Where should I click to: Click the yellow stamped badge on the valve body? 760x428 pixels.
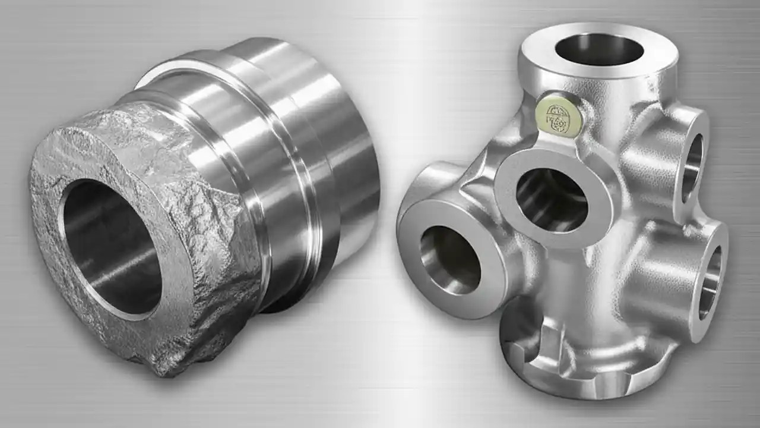(559, 115)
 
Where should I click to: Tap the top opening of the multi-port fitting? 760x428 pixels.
(599, 49)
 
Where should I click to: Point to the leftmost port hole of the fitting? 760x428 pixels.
(450, 259)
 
